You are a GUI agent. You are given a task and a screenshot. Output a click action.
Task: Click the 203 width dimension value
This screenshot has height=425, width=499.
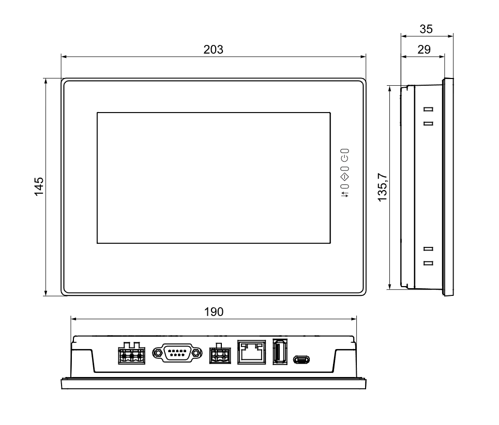[213, 50]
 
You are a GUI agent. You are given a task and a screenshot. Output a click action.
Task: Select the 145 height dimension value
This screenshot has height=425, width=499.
[39, 186]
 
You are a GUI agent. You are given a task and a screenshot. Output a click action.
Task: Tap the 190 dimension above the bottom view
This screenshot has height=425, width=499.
[214, 312]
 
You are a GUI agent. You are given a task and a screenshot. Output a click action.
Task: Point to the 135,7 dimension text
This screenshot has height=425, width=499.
[382, 187]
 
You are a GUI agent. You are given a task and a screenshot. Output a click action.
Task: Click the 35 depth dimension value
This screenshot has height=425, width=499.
[426, 29]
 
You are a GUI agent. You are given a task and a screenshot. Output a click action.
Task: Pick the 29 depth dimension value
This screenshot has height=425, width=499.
[424, 50]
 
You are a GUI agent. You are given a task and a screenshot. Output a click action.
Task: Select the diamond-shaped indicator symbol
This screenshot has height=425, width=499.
[345, 177]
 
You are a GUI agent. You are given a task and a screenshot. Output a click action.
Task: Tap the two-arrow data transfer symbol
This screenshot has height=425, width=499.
[345, 194]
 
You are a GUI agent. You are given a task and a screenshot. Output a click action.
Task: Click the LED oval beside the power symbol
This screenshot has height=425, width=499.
[345, 151]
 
